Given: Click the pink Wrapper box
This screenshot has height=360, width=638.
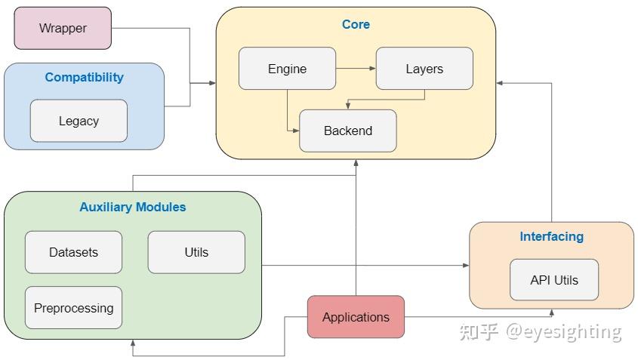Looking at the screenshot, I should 63,29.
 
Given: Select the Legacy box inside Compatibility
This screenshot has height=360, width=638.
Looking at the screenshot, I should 79,121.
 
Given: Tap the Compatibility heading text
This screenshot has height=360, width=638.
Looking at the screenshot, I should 84,77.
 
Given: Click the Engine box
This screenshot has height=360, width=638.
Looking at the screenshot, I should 287,69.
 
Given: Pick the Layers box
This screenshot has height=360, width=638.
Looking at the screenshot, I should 424,69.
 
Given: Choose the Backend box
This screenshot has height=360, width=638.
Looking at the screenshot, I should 347,131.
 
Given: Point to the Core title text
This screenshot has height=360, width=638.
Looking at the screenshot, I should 356,24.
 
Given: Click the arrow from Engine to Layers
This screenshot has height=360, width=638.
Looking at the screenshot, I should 356,69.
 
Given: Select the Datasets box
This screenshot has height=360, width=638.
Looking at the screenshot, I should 73,252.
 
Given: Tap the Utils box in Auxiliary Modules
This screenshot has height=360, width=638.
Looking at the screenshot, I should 196,252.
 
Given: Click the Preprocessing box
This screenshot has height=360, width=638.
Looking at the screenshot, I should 73,308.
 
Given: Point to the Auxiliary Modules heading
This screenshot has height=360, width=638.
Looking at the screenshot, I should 133,207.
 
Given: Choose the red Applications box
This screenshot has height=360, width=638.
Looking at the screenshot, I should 356,317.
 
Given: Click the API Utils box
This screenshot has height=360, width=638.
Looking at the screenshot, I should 554,280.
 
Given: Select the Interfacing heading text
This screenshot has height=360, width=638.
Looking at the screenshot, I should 551,236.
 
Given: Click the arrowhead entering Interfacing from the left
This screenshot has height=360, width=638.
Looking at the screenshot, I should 465,265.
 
